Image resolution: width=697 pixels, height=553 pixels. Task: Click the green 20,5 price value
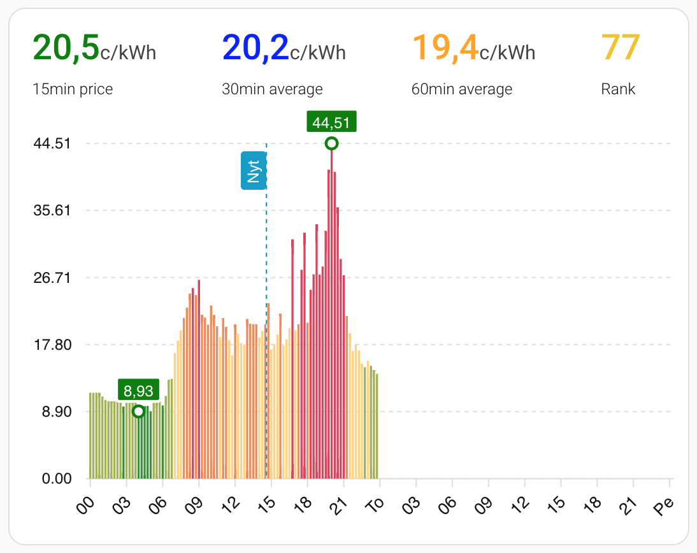click(x=66, y=48)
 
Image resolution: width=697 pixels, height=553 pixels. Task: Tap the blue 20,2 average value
click(x=255, y=48)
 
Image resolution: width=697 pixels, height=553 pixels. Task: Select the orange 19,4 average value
click(x=445, y=48)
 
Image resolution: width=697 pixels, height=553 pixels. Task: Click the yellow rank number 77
click(x=620, y=48)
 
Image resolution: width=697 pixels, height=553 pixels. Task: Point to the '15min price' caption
click(x=73, y=89)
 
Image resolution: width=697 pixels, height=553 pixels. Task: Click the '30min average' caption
click(x=272, y=89)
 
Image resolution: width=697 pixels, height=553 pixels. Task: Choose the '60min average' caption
click(x=462, y=89)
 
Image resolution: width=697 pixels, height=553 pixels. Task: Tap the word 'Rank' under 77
click(x=618, y=89)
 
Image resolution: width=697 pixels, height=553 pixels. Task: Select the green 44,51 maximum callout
click(x=331, y=122)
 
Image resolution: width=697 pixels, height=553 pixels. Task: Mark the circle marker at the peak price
click(x=331, y=143)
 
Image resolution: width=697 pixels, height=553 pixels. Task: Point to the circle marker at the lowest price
click(x=138, y=412)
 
